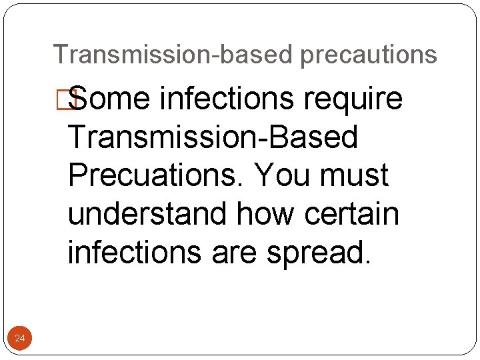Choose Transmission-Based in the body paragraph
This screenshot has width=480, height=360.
tap(213, 138)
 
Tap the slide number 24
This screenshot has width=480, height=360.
tap(20, 339)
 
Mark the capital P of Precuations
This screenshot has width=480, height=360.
tap(78, 176)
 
